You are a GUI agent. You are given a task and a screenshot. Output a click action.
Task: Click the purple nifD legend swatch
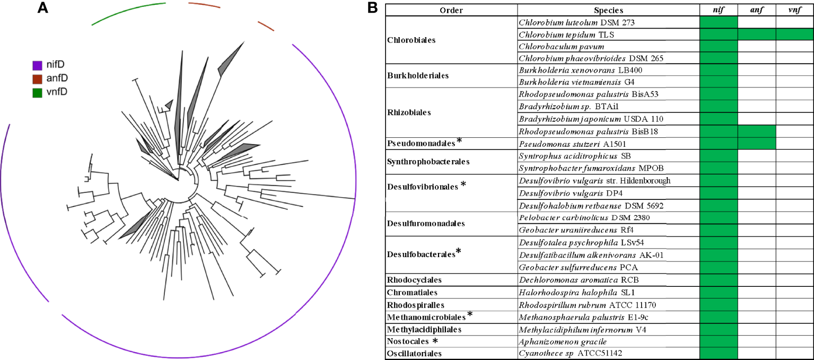(x=37, y=66)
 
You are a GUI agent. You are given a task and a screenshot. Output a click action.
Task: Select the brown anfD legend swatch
(x=37, y=79)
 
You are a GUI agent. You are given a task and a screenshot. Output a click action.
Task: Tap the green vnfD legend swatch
(x=37, y=92)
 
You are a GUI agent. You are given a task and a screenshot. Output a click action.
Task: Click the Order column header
(x=451, y=10)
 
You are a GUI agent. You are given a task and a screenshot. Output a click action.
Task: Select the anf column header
(x=757, y=10)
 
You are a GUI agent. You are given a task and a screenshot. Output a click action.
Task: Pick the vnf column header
(x=794, y=10)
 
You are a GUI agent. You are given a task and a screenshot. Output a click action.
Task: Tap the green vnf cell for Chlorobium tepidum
(x=794, y=35)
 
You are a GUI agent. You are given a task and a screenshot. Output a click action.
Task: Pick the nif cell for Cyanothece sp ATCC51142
(x=719, y=354)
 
